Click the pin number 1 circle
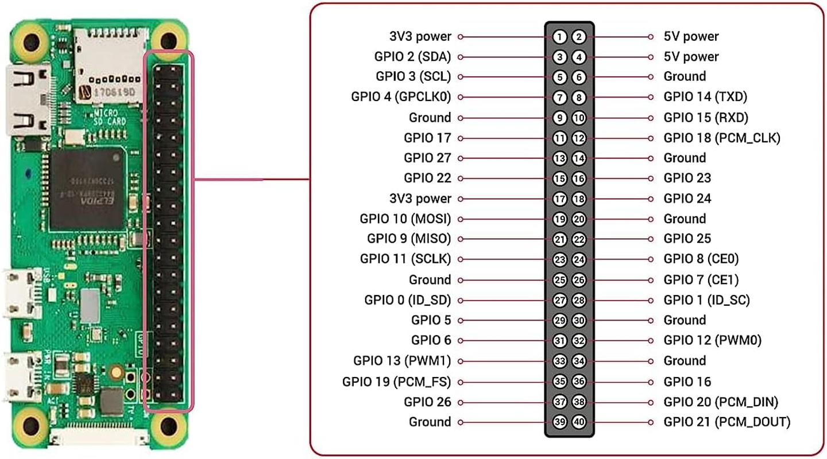coord(560,37)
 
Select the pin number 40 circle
coord(579,422)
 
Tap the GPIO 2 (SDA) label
coord(412,57)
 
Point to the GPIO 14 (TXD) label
coord(705,97)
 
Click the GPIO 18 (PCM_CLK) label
coord(722,138)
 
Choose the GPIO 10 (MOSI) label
coord(405,219)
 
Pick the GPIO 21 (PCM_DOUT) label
coord(726,422)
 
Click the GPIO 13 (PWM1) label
coord(402,361)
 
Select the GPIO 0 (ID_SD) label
coord(408,300)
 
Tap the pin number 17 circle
coord(560,199)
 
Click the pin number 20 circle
coord(579,219)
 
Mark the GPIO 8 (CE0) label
coord(701,259)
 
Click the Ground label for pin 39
coord(430,422)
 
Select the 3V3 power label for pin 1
coord(420,37)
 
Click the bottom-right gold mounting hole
coord(169,426)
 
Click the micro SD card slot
coord(109,57)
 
